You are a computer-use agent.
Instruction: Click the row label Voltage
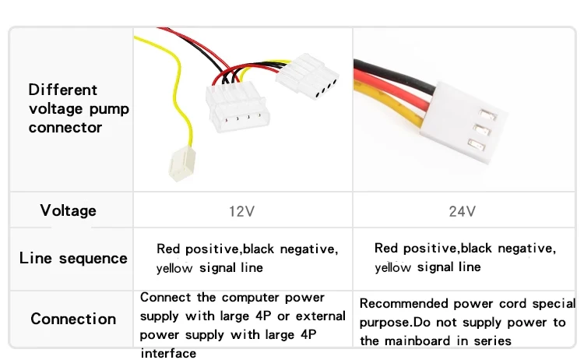click(69, 210)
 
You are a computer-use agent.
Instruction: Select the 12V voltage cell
click(242, 211)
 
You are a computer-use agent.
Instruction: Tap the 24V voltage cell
click(463, 211)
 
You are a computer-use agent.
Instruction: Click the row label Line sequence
click(73, 258)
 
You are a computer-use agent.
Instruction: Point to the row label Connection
click(73, 319)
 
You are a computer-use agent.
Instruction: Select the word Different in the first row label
click(63, 90)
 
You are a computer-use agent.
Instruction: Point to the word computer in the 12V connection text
click(253, 298)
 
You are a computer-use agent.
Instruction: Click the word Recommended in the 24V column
click(403, 304)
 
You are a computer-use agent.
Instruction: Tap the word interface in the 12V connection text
click(168, 353)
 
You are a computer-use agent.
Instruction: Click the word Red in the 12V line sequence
click(168, 249)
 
